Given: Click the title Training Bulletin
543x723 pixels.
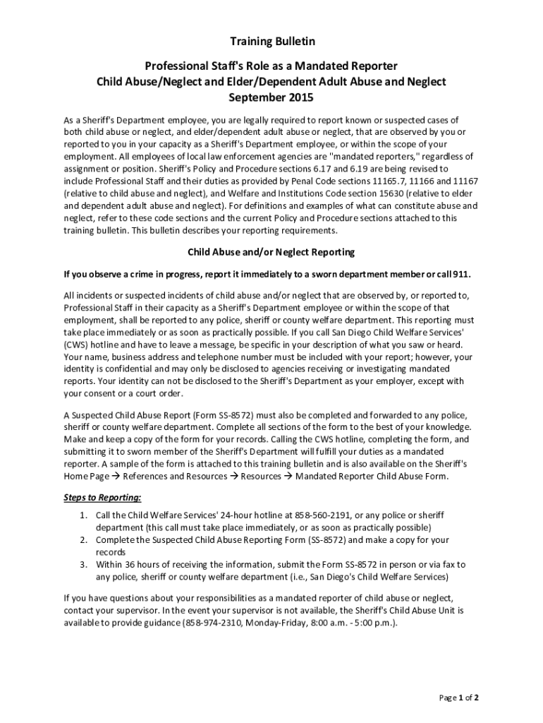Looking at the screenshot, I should click(271, 42).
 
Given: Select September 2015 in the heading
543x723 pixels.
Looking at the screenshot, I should click(271, 97).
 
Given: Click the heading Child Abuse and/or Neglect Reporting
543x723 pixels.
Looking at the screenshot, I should click(271, 251).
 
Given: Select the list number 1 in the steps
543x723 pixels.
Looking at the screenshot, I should click(83, 515).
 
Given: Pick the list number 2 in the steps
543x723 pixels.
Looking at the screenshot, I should click(83, 539).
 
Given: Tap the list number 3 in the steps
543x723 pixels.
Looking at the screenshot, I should click(83, 564).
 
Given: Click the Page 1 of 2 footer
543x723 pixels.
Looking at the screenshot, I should click(459, 698).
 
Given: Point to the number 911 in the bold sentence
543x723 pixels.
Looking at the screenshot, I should click(460, 273).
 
